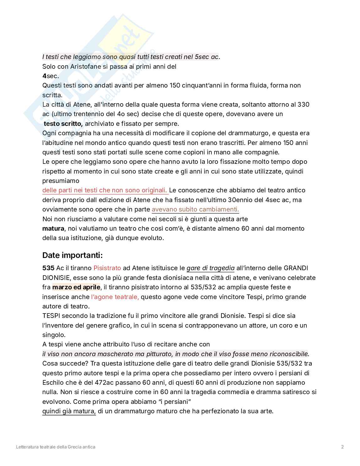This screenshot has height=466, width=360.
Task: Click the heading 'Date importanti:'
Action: pyautogui.click(x=72, y=255)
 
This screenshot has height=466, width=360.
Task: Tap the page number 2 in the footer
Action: pyautogui.click(x=342, y=447)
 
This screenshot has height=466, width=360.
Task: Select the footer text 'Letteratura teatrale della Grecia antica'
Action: pyautogui.click(x=56, y=447)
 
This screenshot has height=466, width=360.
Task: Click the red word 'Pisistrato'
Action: pyautogui.click(x=107, y=268)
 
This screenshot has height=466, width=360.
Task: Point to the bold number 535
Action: pyautogui.click(x=49, y=268)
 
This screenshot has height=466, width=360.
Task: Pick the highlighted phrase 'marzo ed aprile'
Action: pyautogui.click(x=76, y=287)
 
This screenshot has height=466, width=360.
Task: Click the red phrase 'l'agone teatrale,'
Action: pyautogui.click(x=115, y=297)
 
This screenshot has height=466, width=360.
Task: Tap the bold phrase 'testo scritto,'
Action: pyautogui.click(x=63, y=124)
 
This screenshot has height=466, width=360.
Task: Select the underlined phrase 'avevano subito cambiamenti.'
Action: pyautogui.click(x=195, y=209)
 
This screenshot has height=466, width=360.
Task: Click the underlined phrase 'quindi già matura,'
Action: pyautogui.click(x=69, y=411)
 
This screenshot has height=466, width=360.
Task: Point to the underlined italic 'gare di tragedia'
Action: pyautogui.click(x=210, y=268)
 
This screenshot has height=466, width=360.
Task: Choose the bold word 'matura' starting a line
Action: pyautogui.click(x=53, y=228)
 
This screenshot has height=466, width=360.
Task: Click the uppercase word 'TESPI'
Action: pyautogui.click(x=51, y=316)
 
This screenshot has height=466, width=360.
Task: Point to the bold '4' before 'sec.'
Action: pyautogui.click(x=44, y=76)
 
